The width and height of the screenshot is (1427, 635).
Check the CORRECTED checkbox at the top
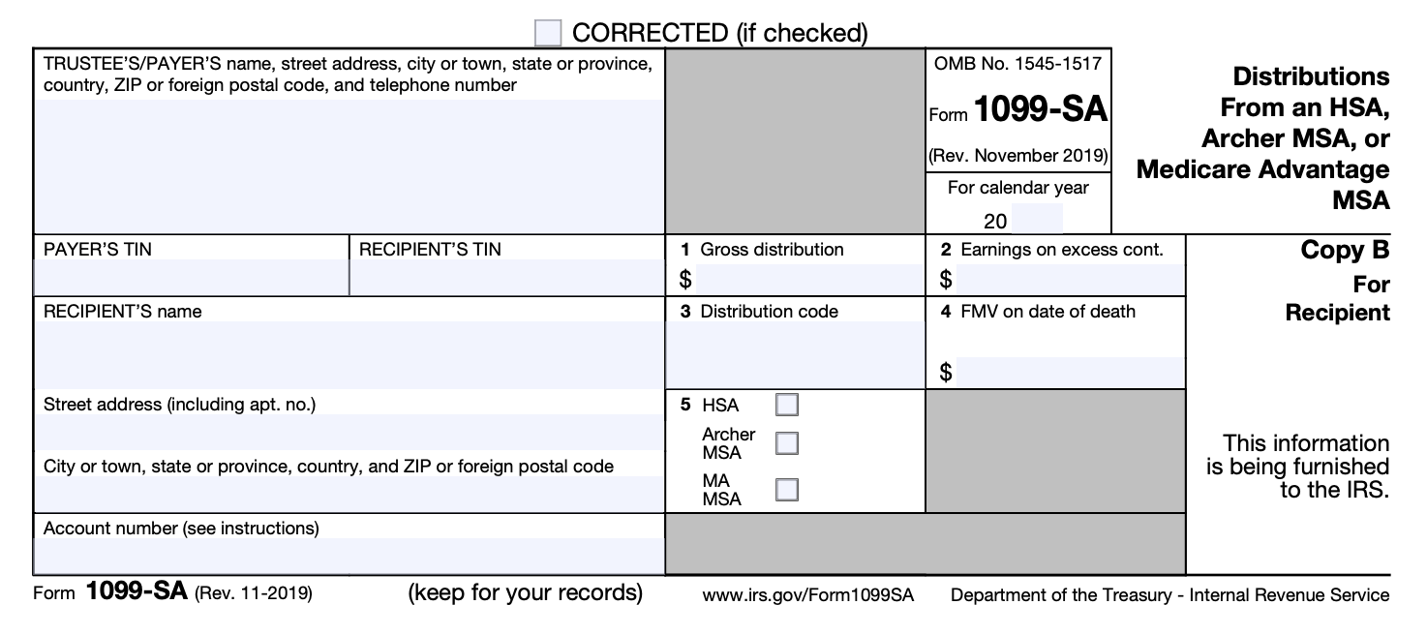coord(548,34)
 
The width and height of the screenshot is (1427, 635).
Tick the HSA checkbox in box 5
coord(787,405)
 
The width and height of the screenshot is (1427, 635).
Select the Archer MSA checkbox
coord(787,443)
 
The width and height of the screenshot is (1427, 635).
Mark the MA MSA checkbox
coord(787,489)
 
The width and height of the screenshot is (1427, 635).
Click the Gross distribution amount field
coord(809,281)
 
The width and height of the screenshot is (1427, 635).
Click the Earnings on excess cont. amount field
coord(1069,281)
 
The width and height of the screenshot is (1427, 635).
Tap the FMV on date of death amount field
coord(1069,372)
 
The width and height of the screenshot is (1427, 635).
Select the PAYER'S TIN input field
coord(190,278)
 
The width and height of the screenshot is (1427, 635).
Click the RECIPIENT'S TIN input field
coord(506,278)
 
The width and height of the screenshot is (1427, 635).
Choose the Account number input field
coord(349,556)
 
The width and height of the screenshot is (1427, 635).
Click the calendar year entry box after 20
coord(1037,219)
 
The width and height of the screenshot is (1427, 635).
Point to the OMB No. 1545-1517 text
coord(1017,64)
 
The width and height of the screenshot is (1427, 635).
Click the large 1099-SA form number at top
coord(1041,110)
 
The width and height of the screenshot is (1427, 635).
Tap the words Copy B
coord(1345,251)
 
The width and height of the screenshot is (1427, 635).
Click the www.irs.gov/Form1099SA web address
coord(808,594)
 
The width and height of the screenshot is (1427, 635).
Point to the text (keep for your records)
coord(526,591)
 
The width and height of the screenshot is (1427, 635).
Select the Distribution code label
coord(769,312)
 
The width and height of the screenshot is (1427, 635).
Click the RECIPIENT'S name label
coord(123,312)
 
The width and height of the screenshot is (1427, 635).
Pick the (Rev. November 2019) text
coord(1018,156)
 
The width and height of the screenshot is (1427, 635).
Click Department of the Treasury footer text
coord(1169,595)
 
